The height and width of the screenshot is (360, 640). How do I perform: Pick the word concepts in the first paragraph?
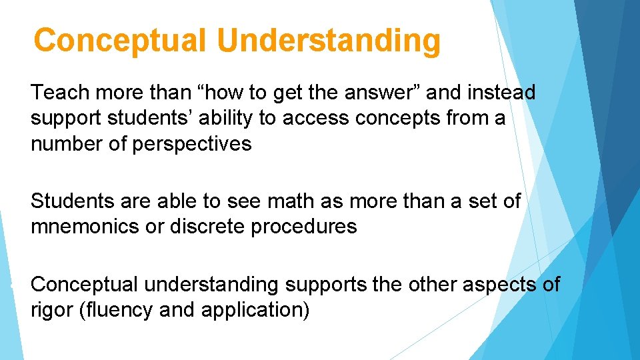pyautogui.click(x=396, y=118)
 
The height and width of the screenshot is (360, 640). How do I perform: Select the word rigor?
pyautogui.click(x=52, y=311)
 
